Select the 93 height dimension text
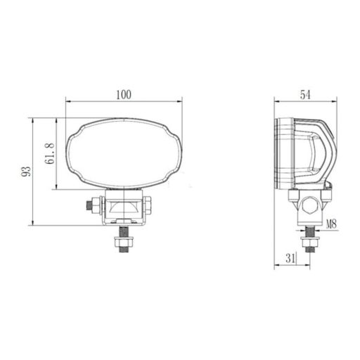point(25,171)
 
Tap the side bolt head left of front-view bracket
point(89,206)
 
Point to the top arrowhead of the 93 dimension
point(33,120)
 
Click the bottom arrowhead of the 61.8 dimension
point(56,188)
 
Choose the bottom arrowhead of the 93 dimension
point(33,224)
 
